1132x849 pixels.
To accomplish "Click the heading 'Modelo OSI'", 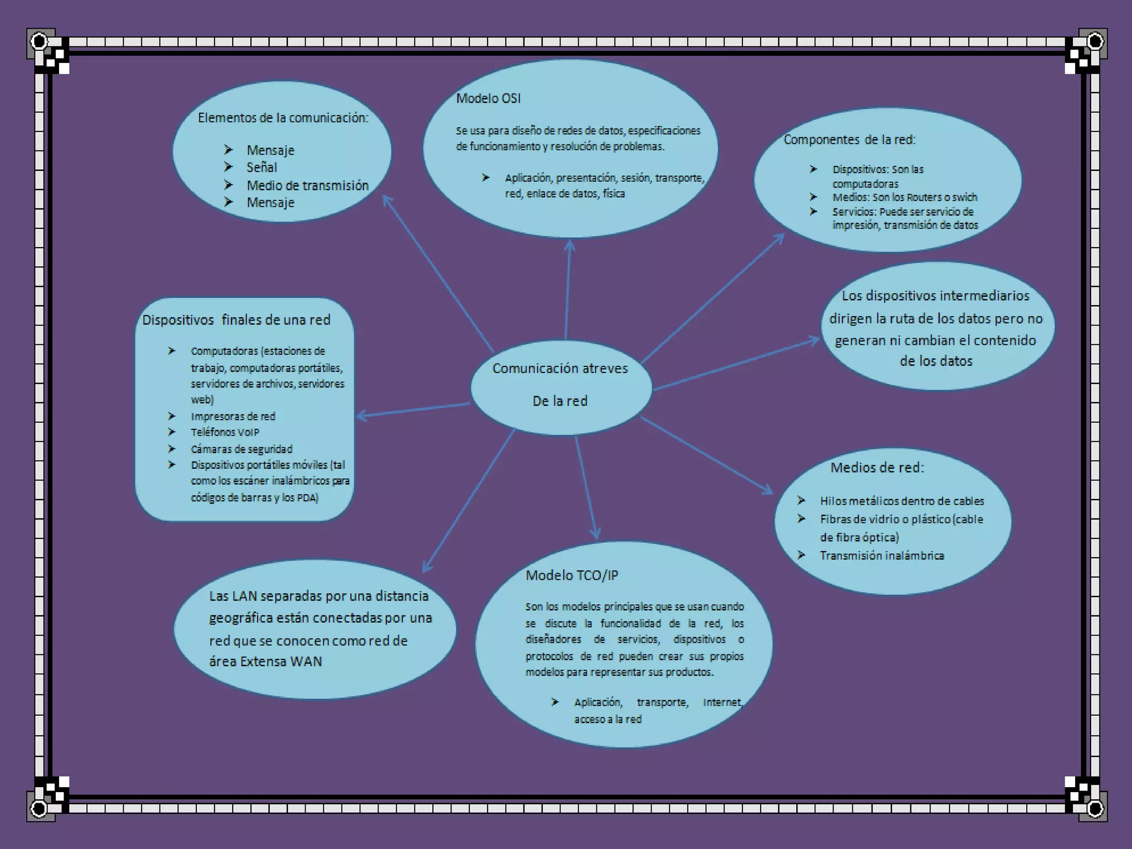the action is click(488, 98).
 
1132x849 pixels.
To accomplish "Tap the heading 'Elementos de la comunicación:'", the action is click(283, 118).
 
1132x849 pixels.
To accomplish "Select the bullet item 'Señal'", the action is click(261, 167).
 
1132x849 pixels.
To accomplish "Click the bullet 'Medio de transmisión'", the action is click(307, 185).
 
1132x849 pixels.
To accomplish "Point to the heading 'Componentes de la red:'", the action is click(849, 140).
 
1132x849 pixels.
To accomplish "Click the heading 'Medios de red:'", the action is click(877, 468).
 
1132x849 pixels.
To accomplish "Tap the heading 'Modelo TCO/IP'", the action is click(572, 575).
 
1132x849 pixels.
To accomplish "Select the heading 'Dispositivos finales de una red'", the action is click(236, 320).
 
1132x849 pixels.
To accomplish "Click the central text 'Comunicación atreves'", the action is click(560, 369).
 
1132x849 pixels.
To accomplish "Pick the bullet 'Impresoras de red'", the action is click(233, 416).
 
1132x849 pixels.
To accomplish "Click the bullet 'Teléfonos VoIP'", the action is click(225, 432).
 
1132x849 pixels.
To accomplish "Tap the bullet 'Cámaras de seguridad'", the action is click(242, 449).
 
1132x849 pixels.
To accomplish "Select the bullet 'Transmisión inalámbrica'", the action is click(882, 555).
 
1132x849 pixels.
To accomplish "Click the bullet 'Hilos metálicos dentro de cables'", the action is click(902, 501).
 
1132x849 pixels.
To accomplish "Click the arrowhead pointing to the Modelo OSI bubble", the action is click(569, 244).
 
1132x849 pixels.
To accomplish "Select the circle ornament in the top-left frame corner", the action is click(39, 41).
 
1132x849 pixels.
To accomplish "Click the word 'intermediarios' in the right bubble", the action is click(984, 296).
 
